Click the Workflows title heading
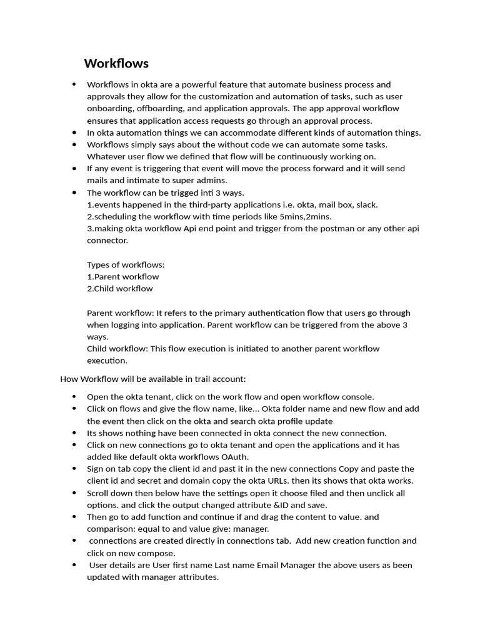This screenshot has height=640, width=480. pos(116,63)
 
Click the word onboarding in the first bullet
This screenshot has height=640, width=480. pos(109,108)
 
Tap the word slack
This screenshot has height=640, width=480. pos(366,204)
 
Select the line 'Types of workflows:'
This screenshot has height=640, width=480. pos(126,264)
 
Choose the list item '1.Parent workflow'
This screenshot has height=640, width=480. pos(122,276)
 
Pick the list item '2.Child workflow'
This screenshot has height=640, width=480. pos(119,288)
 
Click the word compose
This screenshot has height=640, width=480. pos(157,553)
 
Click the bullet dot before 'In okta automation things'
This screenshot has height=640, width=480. pos(74,132)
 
